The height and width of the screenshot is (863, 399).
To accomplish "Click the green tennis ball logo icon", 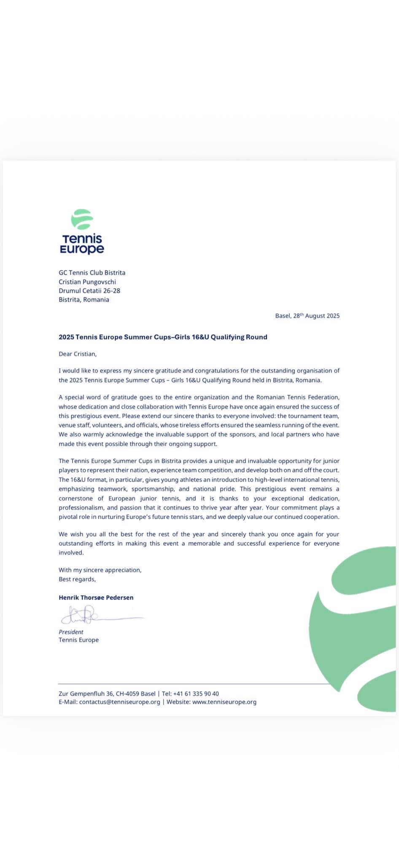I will tap(82, 219).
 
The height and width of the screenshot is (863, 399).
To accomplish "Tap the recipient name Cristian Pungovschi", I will tap(87, 282).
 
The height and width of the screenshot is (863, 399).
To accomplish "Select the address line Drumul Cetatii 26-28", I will tap(89, 291).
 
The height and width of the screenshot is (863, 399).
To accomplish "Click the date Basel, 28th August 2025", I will tap(307, 316).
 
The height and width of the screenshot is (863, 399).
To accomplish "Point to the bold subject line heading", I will tap(163, 337).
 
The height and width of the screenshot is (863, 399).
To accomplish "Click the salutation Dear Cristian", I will tap(78, 354).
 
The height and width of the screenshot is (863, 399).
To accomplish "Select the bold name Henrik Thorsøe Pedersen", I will tap(96, 598).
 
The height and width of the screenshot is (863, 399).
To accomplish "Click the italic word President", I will tap(71, 632).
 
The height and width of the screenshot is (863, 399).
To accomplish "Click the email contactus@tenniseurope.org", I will tap(119, 702).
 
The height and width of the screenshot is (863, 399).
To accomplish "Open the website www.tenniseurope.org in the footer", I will tap(224, 702).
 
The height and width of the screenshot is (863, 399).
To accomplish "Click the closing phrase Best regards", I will tap(77, 579).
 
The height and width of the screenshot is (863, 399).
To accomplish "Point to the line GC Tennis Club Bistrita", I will tap(92, 273).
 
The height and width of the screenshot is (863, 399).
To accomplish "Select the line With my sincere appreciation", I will tap(100, 570).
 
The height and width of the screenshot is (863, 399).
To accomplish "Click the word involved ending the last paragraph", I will tap(71, 552).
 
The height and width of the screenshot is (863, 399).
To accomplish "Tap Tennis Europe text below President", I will tap(78, 640).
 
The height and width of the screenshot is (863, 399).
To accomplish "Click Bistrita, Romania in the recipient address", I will tap(84, 300).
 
